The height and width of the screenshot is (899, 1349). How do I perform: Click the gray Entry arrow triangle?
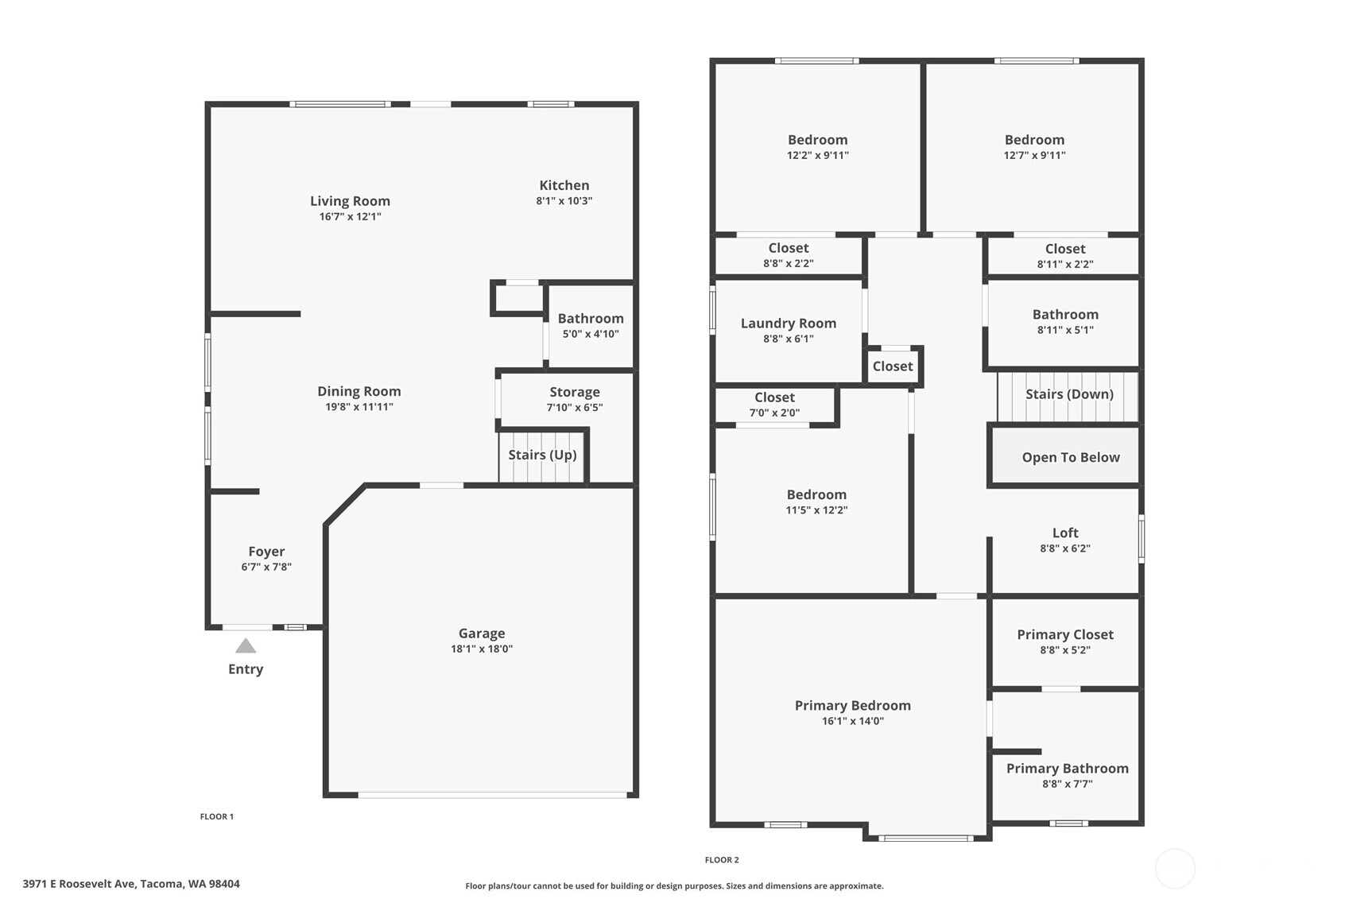246,646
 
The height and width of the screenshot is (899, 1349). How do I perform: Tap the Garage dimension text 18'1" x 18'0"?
482,649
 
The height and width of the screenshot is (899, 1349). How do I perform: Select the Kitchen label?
564,185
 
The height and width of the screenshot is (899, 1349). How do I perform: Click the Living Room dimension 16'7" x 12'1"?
351,216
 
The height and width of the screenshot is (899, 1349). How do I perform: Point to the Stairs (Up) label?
543,455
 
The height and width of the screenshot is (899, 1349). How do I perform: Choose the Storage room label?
575,393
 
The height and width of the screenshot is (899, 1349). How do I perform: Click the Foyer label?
267,552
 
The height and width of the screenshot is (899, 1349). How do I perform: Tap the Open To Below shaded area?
1065,455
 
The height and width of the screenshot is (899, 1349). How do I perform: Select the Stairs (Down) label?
1069,393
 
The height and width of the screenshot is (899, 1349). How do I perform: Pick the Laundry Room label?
789,324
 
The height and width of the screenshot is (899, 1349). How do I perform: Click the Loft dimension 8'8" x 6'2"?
1065,548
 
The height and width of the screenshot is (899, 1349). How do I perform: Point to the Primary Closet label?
1065,634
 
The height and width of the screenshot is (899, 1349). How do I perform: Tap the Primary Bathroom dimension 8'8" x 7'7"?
1068,784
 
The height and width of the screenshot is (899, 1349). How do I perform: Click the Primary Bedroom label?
853,706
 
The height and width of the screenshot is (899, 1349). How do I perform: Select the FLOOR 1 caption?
217,816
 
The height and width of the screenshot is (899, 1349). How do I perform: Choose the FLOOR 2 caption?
722,860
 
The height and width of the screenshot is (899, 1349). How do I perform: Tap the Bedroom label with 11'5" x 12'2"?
816,495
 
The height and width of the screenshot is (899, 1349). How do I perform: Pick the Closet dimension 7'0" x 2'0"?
774,413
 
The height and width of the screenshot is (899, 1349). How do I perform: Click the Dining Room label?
359,392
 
